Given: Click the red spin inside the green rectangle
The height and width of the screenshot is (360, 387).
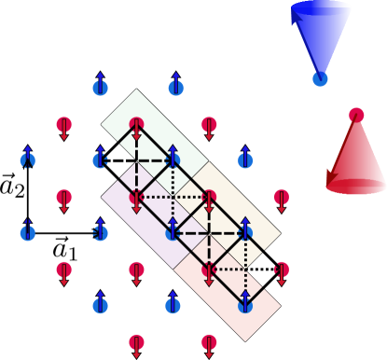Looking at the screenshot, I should [136, 124].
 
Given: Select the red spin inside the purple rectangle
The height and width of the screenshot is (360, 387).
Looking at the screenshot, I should [136, 197].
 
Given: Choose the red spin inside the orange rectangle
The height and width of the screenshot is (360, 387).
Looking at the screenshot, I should [209, 197].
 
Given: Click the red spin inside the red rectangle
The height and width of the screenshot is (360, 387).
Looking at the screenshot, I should [209, 270].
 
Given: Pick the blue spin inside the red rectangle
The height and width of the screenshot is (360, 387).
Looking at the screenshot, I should [245, 304].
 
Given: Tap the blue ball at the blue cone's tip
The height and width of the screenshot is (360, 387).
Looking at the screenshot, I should [320, 79].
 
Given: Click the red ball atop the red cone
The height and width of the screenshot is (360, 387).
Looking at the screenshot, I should [356, 115].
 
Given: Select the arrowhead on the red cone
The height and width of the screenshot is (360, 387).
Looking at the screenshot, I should [332, 175].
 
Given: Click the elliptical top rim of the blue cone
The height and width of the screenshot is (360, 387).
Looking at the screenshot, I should [322, 7].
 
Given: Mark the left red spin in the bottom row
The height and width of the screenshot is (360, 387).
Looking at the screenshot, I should [136, 342].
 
